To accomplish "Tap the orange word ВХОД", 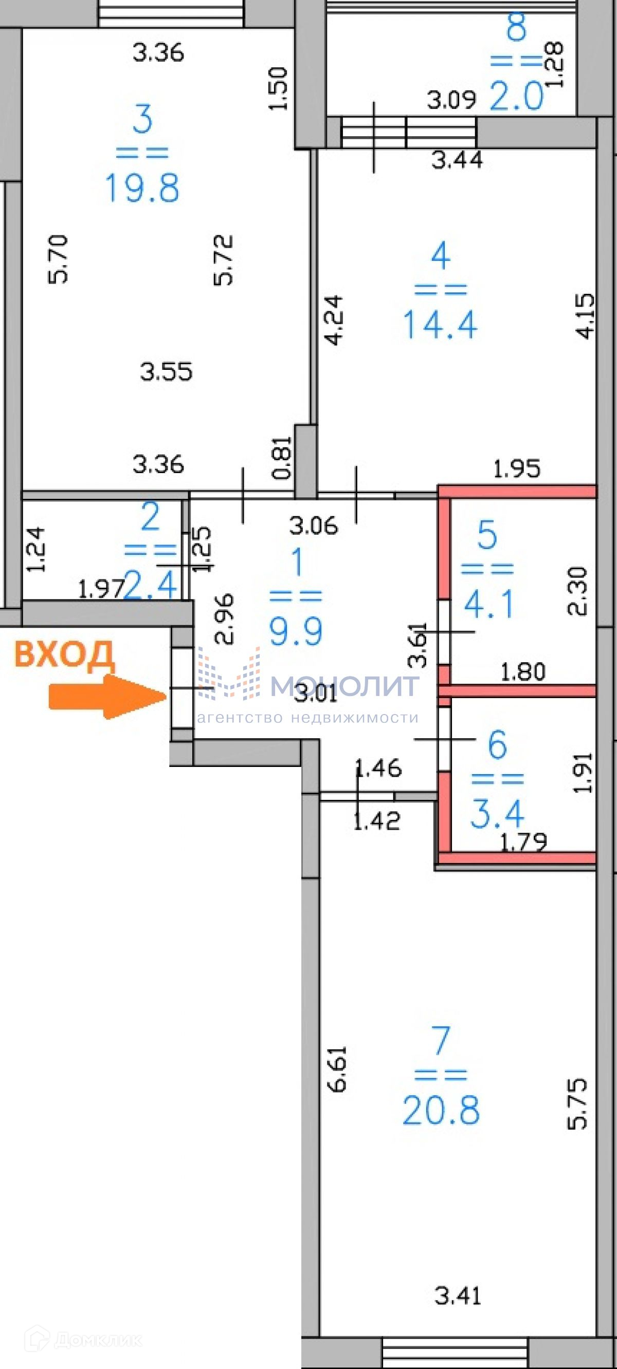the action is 64,654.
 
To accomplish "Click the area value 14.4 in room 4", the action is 440,325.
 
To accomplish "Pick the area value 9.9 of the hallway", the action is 296,631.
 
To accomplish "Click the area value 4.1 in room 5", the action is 489,604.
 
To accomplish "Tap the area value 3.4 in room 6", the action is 497,814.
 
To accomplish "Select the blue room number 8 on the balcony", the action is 516,27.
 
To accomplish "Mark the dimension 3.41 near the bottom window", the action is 458,1297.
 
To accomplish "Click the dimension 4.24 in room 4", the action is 334,321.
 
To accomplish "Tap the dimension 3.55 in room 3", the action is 166,371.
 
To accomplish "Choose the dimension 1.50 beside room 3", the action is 279,89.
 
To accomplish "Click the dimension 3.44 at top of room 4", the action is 457,160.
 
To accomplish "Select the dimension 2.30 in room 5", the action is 578,591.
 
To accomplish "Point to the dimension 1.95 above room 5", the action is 516,468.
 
